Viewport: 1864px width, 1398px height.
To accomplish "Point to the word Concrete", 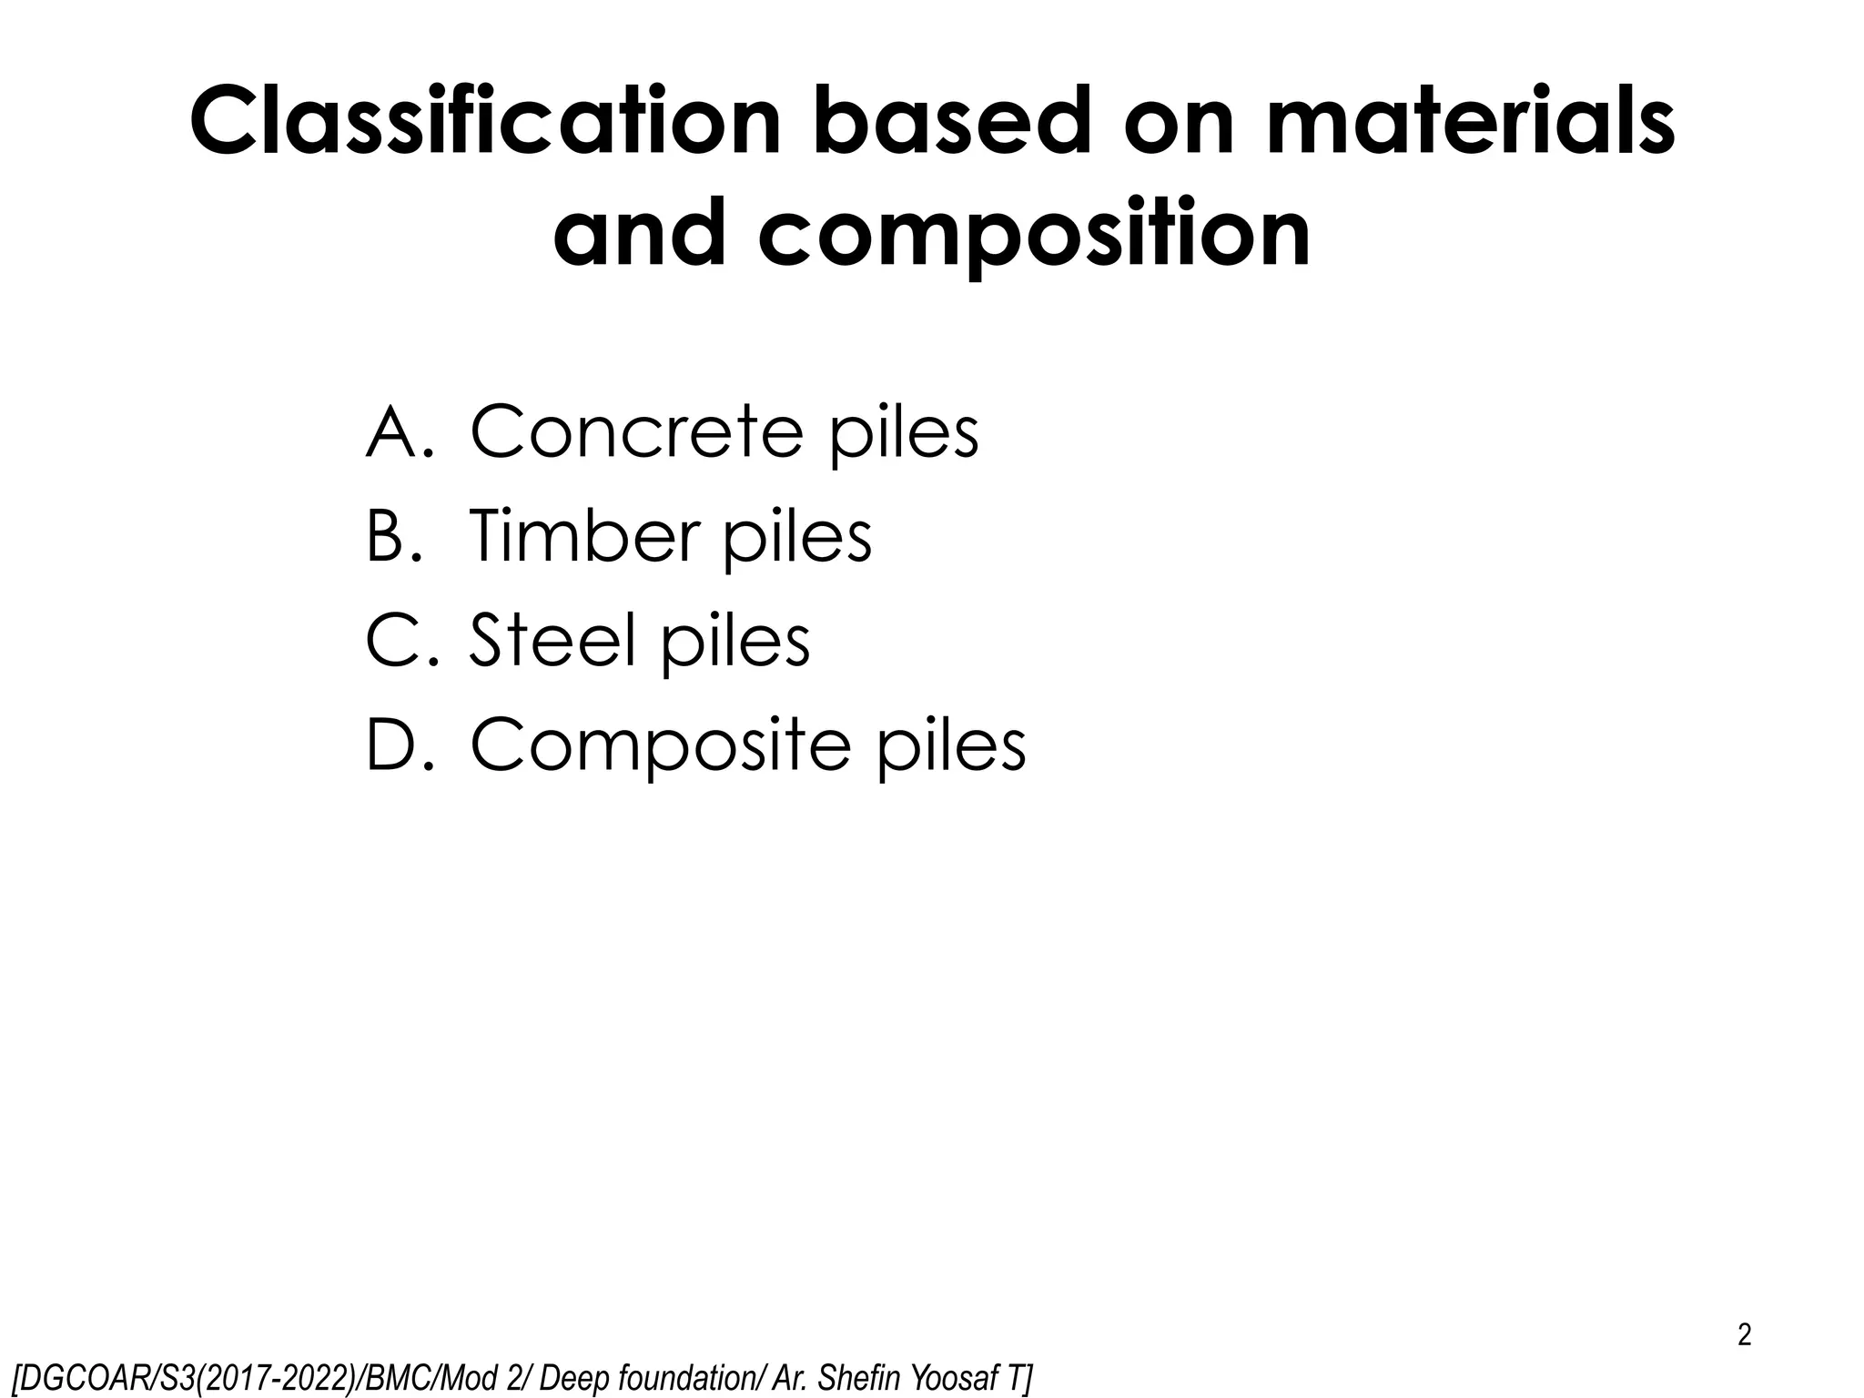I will [636, 431].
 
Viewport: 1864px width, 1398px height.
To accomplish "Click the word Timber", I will [582, 536].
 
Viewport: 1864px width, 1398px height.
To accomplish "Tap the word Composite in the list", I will [661, 745].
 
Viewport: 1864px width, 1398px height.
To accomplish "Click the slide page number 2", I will [1744, 1335].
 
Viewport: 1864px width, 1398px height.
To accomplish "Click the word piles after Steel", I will [735, 641].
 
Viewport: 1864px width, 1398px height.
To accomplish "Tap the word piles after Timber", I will [797, 536].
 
